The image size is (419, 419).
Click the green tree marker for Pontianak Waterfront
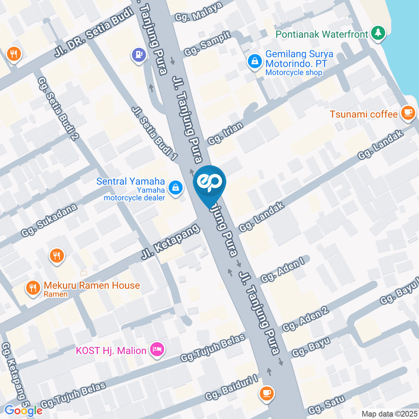(x=378, y=32)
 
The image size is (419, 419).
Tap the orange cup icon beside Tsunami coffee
(x=408, y=113)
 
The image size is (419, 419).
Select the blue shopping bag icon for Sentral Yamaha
(x=175, y=188)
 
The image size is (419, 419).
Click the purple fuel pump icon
(x=138, y=55)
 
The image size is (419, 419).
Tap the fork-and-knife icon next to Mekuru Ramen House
(x=32, y=287)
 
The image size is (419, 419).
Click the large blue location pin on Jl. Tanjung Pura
(x=209, y=184)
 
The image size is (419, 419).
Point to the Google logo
(x=24, y=410)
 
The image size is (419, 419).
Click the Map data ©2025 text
(x=389, y=413)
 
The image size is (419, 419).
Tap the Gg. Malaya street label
(x=199, y=11)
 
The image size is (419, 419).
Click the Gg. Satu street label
(x=326, y=405)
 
